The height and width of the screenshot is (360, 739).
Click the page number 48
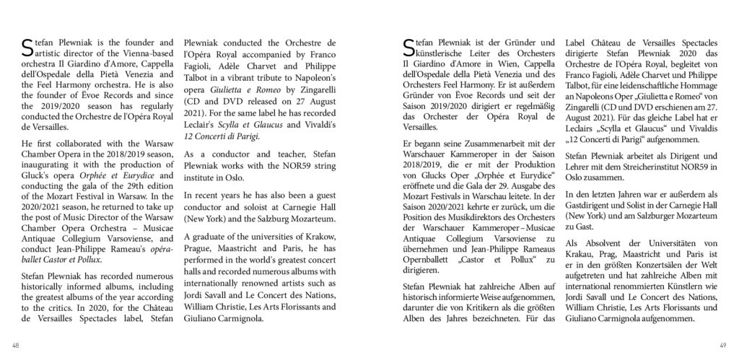coord(16,345)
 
